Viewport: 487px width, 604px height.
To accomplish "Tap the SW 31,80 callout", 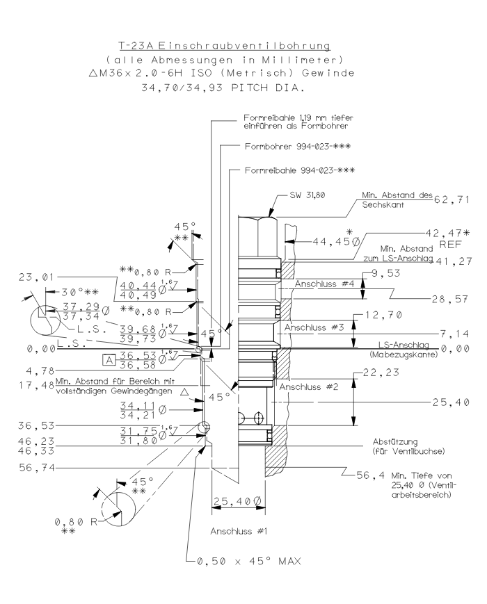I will tap(305, 195).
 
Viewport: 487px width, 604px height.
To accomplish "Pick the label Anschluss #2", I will tap(310, 386).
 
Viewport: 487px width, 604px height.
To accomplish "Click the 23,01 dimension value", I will tap(31, 277).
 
